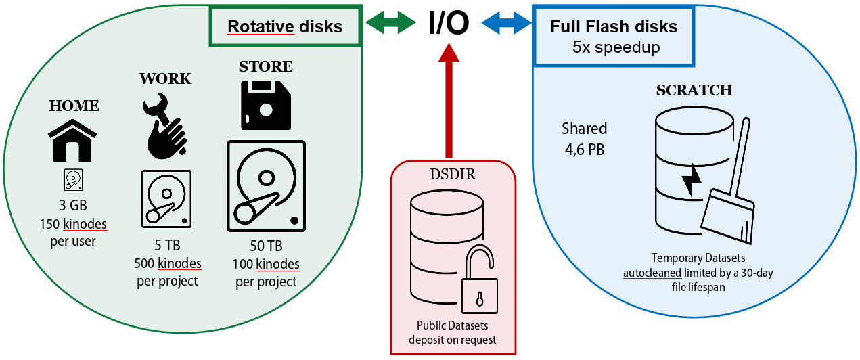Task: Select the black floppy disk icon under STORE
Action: (266, 105)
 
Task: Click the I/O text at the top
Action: (449, 24)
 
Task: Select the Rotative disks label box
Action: (285, 27)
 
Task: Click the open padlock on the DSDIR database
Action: (478, 281)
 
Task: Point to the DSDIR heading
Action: (453, 174)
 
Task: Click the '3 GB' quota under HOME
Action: (73, 205)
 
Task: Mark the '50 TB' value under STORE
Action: (266, 246)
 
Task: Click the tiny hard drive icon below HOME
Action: (73, 179)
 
